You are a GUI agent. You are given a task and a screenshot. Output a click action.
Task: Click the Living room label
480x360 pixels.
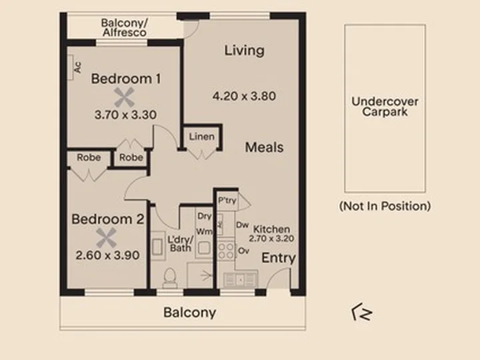[x=244, y=51]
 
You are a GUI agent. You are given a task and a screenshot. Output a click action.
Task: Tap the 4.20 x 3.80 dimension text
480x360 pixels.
[x=244, y=96]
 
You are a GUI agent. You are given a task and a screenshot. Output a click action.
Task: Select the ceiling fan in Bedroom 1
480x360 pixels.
[x=124, y=97]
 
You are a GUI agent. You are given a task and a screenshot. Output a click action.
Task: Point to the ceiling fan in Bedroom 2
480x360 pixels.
[x=107, y=237]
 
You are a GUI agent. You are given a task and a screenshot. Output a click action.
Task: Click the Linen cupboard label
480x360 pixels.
[x=202, y=137]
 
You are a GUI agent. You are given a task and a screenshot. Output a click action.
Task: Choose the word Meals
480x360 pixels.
[x=264, y=147]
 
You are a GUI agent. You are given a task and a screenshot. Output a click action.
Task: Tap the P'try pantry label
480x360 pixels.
[x=227, y=201]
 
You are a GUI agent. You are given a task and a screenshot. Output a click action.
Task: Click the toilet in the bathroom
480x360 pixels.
[x=169, y=278]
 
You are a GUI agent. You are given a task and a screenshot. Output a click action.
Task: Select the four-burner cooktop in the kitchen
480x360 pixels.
[x=226, y=251]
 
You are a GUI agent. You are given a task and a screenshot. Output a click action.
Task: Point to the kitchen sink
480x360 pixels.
[x=240, y=279]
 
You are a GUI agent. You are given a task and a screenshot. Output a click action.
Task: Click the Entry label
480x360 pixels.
[x=279, y=258]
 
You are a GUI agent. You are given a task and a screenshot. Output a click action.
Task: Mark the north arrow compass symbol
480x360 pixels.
[x=362, y=312]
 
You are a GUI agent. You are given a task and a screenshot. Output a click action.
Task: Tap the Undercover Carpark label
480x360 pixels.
[x=385, y=107]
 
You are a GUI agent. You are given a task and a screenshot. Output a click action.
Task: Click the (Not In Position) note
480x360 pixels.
[x=385, y=206]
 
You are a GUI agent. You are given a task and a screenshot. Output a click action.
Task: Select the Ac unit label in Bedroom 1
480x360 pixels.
[x=78, y=67]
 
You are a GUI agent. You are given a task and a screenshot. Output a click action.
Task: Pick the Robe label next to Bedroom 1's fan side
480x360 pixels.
[x=131, y=157]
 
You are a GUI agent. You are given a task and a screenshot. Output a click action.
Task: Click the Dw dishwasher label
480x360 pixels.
[x=243, y=225]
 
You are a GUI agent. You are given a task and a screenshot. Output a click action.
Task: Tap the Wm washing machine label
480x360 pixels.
[x=204, y=231]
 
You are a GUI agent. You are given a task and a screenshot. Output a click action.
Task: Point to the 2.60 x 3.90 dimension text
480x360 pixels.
[x=107, y=255]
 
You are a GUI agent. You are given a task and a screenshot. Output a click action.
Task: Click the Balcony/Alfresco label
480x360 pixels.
[x=124, y=27]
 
